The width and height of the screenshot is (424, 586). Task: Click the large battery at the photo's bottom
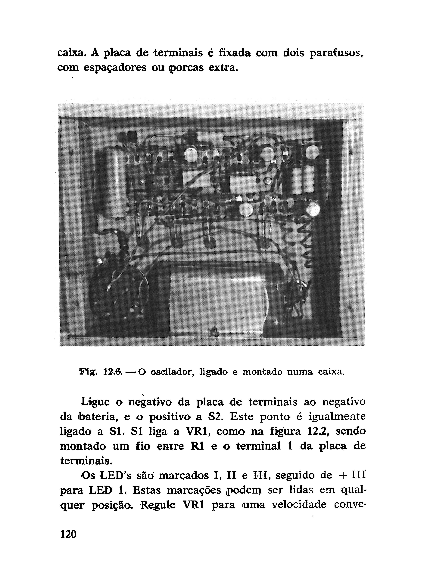tap(219, 300)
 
